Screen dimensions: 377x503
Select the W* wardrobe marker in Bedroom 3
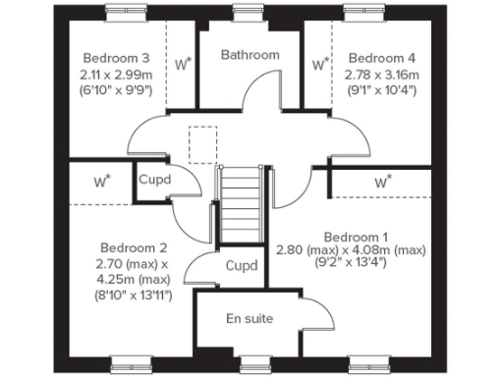click(183, 65)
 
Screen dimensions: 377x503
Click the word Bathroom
click(250, 56)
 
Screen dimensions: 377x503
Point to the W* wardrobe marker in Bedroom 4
click(320, 65)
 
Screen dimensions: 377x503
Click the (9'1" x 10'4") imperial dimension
click(380, 90)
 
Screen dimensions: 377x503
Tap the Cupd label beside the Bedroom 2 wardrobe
click(154, 181)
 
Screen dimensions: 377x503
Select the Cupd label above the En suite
click(242, 266)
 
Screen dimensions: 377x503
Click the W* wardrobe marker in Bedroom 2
click(102, 181)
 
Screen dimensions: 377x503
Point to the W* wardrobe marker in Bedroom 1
click(382, 182)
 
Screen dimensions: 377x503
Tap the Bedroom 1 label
click(356, 237)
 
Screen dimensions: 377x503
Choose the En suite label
click(250, 319)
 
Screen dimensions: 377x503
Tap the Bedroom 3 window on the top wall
click(129, 13)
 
